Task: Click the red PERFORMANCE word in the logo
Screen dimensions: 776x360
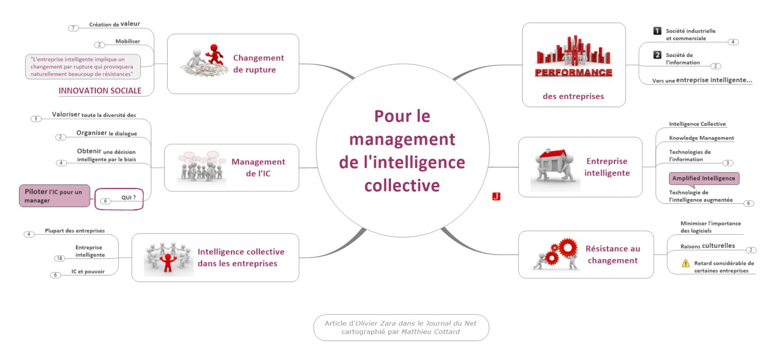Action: click(573, 73)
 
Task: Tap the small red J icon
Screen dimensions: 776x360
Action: click(496, 196)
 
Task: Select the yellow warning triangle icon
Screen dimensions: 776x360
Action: click(685, 264)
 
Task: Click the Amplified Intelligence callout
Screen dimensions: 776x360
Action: click(704, 179)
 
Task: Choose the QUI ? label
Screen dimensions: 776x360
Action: click(128, 197)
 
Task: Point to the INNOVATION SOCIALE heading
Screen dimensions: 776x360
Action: click(100, 91)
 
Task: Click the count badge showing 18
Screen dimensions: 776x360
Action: click(60, 258)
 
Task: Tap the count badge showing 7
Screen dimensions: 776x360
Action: click(73, 28)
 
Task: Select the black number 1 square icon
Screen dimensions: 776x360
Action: click(657, 31)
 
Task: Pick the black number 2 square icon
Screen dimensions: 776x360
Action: click(657, 55)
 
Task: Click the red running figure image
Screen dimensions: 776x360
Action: click(215, 55)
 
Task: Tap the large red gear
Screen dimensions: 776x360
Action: click(567, 248)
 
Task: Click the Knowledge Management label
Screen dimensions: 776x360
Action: click(701, 138)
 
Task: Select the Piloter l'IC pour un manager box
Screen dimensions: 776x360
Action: click(55, 196)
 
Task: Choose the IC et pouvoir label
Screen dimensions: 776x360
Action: click(88, 271)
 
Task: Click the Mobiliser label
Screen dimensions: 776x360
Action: click(127, 41)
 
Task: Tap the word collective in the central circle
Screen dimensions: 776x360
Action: click(402, 185)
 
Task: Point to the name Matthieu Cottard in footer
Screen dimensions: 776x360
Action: click(430, 332)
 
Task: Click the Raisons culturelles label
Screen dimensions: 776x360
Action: click(707, 246)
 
